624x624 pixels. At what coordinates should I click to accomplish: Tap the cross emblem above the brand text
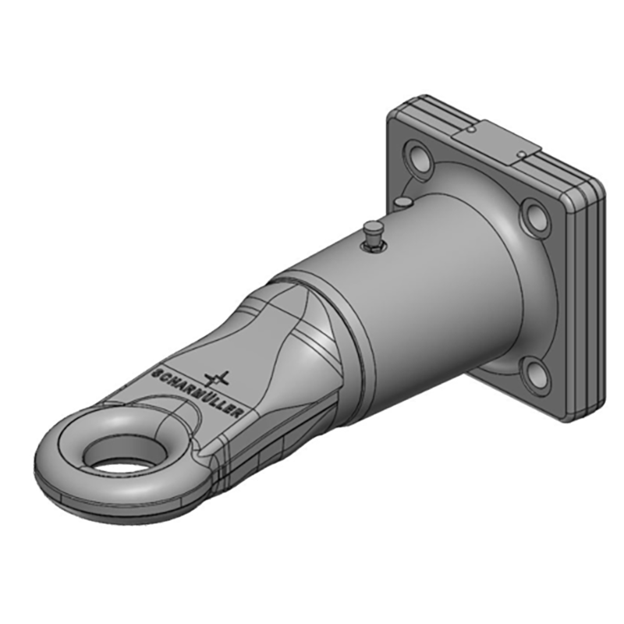(x=217, y=379)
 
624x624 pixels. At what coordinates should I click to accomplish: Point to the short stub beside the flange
(x=402, y=204)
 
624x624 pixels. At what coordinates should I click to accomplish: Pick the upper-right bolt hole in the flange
(x=537, y=214)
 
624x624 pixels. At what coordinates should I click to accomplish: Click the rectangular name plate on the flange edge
(x=499, y=140)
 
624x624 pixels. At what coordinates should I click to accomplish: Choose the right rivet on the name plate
(x=521, y=155)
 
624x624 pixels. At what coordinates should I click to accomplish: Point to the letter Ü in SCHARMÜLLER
(x=202, y=397)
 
